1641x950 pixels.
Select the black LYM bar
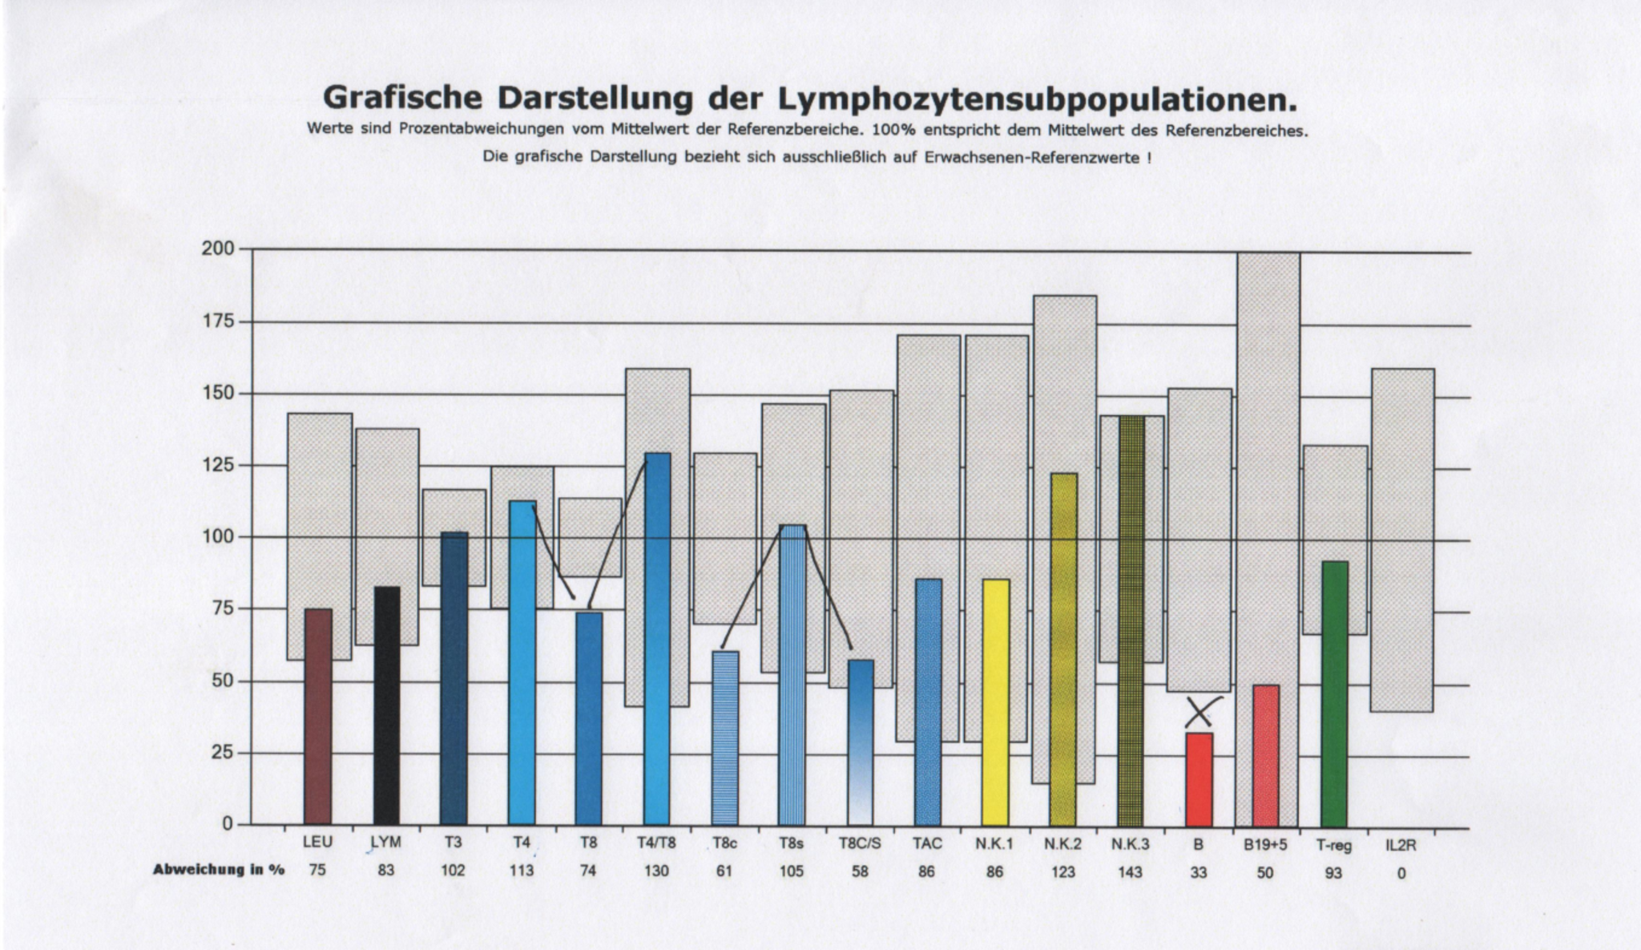click(387, 706)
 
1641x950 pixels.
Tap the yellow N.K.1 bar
click(995, 702)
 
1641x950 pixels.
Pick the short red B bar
click(1199, 779)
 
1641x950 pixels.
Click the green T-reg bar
click(1334, 694)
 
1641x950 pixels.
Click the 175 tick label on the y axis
click(218, 321)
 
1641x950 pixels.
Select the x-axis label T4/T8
click(656, 843)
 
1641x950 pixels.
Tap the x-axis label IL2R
click(1401, 844)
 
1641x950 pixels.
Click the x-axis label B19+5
click(1265, 844)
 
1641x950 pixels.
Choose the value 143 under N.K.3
click(1131, 872)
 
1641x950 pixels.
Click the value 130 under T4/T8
click(656, 871)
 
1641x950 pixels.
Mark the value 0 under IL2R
click(1401, 873)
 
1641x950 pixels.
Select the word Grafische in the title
click(402, 98)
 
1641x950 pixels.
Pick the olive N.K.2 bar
click(1063, 649)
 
